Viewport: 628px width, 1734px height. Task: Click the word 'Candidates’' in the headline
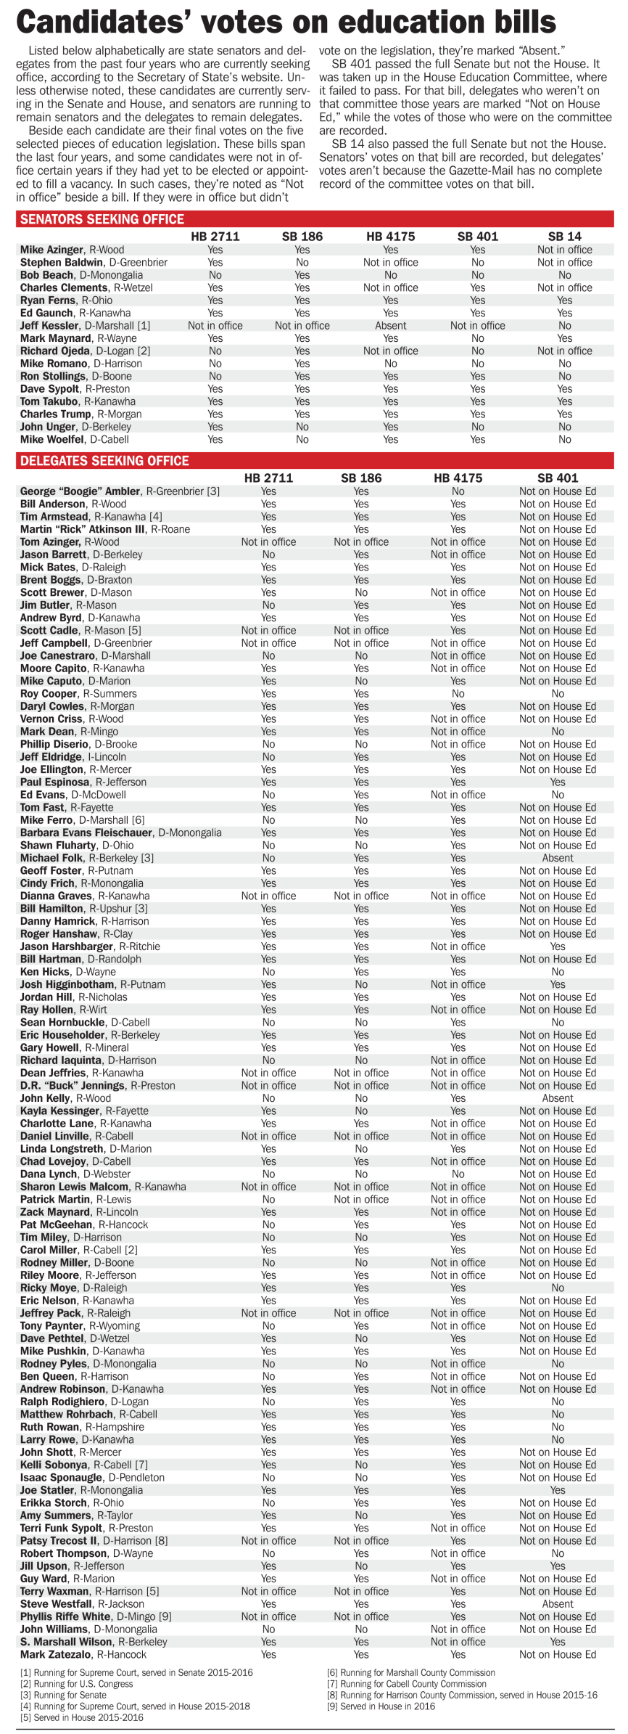pos(103,23)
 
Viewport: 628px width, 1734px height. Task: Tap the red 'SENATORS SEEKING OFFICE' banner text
pos(102,219)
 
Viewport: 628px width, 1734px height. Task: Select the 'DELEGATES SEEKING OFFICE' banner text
pos(104,461)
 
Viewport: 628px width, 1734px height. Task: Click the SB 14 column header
pos(564,237)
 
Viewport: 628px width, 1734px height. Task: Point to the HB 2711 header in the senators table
pos(215,237)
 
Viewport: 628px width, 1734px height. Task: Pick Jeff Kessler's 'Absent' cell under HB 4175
pos(390,326)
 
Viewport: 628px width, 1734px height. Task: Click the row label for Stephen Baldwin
pos(94,263)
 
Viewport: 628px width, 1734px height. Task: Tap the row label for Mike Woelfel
pos(74,440)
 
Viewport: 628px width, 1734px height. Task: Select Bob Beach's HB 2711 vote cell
pos(215,275)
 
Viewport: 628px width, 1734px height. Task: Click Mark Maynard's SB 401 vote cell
pos(477,338)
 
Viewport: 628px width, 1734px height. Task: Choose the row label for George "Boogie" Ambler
pos(120,491)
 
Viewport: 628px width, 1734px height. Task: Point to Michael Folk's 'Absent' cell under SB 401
pos(557,858)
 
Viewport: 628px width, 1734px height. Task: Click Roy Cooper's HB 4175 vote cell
pos(458,694)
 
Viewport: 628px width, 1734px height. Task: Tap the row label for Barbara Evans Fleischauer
pos(120,833)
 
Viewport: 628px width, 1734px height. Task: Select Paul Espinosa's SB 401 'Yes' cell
pos(557,782)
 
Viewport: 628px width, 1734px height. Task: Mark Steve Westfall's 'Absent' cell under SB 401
pos(557,1603)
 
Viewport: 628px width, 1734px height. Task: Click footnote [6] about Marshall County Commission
pos(411,1672)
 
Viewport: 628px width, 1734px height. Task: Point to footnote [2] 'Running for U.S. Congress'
pos(76,1683)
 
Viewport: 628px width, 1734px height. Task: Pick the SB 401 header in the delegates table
pos(557,478)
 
